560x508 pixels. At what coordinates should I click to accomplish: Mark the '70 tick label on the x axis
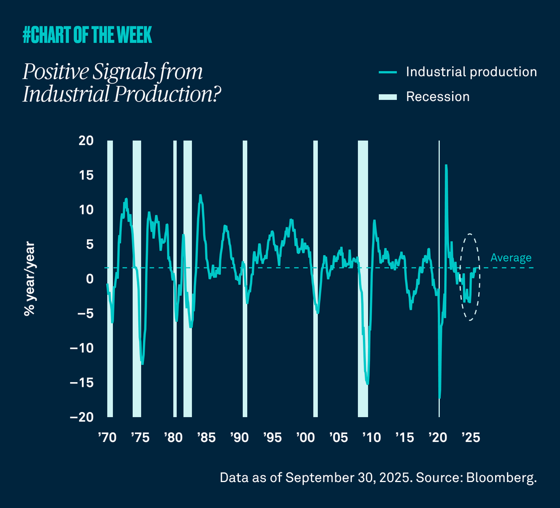click(107, 438)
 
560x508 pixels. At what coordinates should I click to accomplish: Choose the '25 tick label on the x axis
click(470, 438)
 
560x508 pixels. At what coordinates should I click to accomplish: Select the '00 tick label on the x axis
click(305, 438)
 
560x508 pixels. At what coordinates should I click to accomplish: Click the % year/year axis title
click(30, 278)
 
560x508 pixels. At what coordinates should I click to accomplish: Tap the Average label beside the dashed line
click(510, 258)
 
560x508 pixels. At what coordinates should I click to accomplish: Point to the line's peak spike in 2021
click(446, 166)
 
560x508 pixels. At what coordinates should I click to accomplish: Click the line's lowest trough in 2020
click(439, 397)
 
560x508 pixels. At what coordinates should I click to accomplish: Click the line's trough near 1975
click(142, 364)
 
